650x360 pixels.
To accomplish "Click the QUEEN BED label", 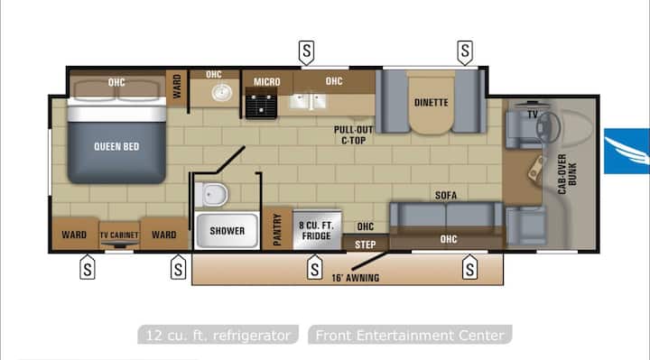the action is coord(116,147).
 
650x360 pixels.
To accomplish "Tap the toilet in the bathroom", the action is coord(212,194).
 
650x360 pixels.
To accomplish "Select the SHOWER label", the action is coord(227,231).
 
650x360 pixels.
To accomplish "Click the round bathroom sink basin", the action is coord(222,92).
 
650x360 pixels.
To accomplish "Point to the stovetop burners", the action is coord(261,105).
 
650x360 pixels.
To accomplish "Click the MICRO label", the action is coord(267,82).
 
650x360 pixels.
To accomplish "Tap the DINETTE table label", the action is coord(432,102).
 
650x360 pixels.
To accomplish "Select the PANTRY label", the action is coord(277,229).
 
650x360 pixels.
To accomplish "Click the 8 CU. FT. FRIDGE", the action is coord(317,230).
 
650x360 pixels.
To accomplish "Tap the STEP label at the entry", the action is coord(366,245).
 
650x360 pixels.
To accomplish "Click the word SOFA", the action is coord(446,195).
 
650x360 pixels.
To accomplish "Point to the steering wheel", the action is coord(548,126).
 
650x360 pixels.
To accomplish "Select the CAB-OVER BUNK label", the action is coord(567,174).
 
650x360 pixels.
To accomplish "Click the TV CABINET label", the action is coord(119,235).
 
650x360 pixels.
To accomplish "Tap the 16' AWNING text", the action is coord(356,278).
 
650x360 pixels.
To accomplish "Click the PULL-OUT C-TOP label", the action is coord(353,135).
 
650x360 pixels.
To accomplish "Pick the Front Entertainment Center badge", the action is coord(410,335).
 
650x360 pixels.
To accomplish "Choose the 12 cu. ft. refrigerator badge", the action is coord(218,335).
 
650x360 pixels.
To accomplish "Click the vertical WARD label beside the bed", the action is coord(177,87).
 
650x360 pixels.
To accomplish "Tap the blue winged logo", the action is coord(627,152).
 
